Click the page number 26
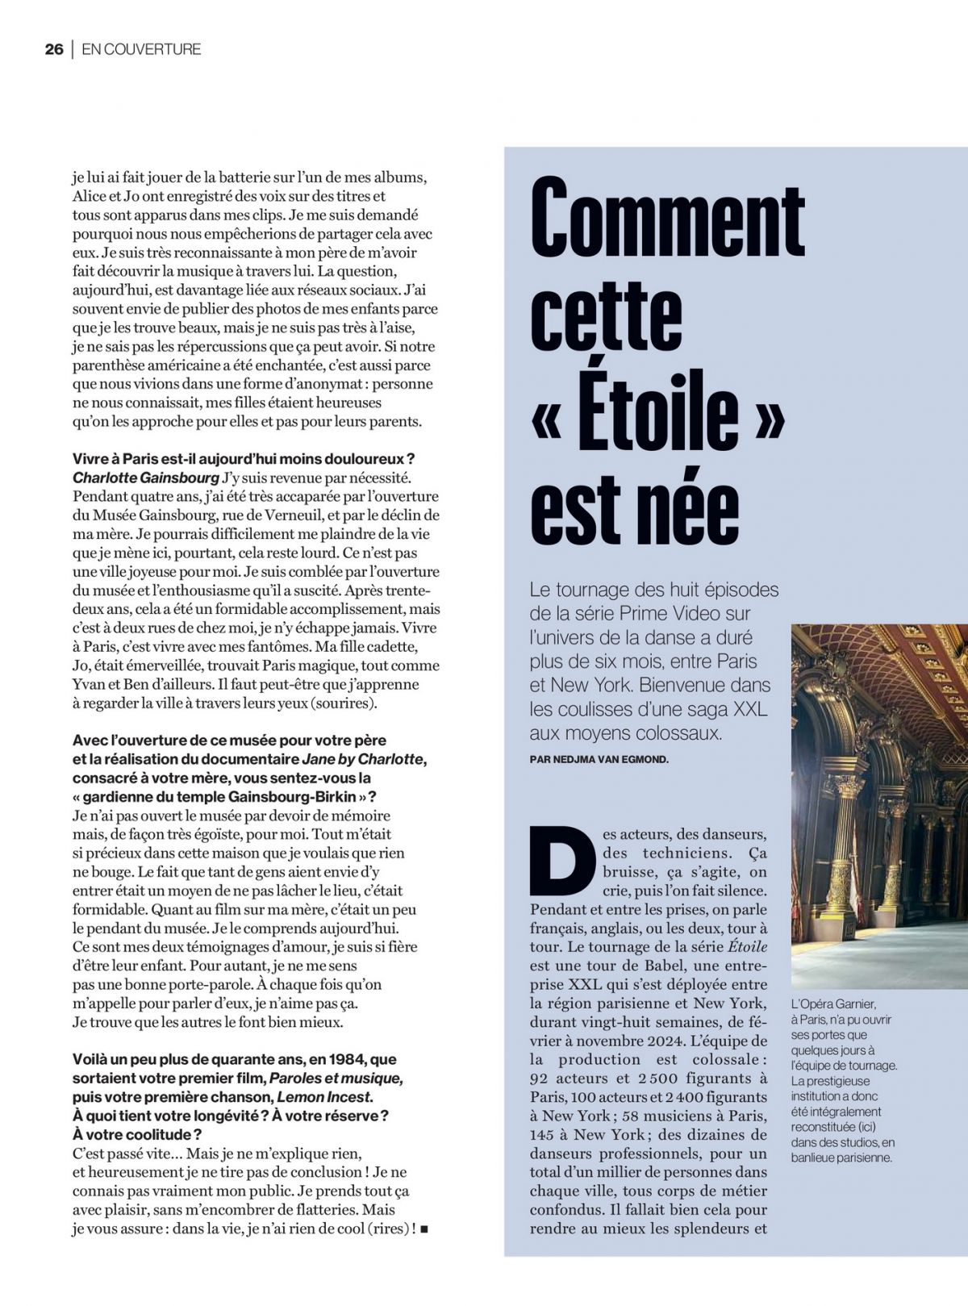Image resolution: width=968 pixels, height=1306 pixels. pyautogui.click(x=54, y=49)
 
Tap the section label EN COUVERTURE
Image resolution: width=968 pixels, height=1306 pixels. pyautogui.click(x=141, y=49)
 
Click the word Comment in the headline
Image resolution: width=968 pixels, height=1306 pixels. pyautogui.click(x=667, y=220)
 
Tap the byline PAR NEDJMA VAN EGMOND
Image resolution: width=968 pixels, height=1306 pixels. pyautogui.click(x=599, y=759)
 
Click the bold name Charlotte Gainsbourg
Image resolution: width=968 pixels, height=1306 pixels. pyautogui.click(x=146, y=478)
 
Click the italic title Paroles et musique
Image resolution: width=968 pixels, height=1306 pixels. pyautogui.click(x=336, y=1079)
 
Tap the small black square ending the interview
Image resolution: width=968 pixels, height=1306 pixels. pyautogui.click(x=425, y=1229)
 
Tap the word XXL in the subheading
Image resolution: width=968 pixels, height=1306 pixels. pyautogui.click(x=742, y=709)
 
